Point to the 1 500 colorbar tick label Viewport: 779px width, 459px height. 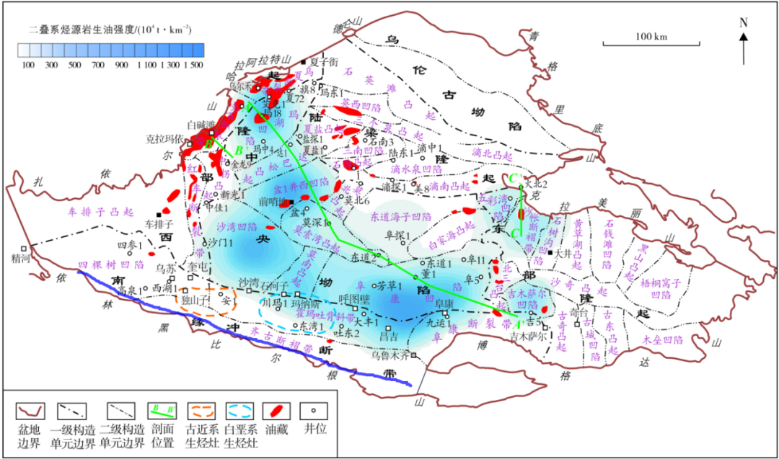coord(193,65)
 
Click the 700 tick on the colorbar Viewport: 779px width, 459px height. coord(97,65)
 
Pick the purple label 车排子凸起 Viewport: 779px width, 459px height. coord(101,213)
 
